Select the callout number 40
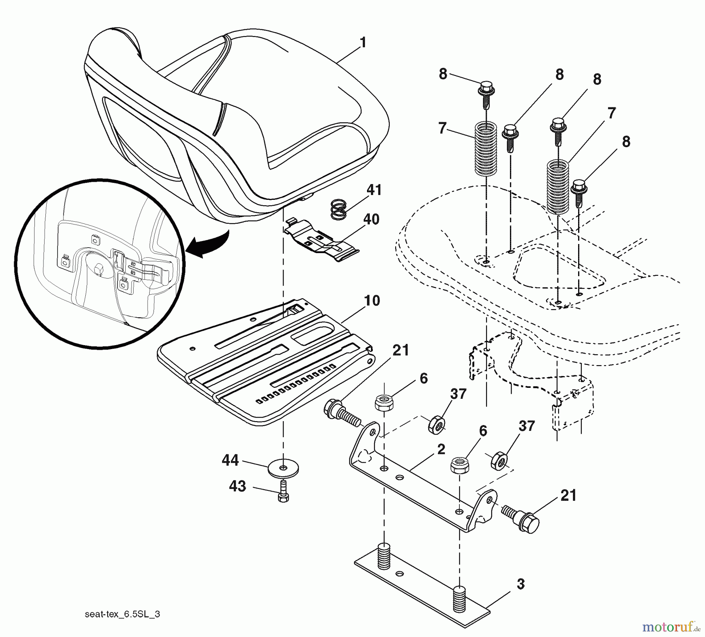[x=371, y=219]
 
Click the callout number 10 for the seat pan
[x=372, y=301]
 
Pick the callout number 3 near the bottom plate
[x=520, y=584]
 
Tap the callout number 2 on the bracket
[x=441, y=449]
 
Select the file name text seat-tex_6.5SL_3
[x=122, y=614]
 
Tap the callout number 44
[x=230, y=460]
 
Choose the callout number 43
[x=237, y=486]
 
